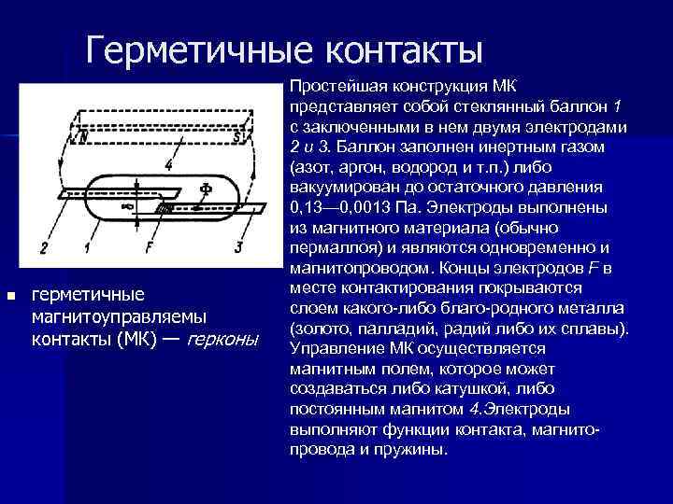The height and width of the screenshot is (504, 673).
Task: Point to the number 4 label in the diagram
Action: [167, 165]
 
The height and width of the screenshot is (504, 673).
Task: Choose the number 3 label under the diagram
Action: [239, 247]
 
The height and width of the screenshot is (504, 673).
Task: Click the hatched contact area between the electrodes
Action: [164, 206]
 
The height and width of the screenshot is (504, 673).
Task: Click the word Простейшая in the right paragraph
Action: [334, 86]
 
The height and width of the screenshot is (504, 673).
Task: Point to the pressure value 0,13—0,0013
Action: [344, 207]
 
